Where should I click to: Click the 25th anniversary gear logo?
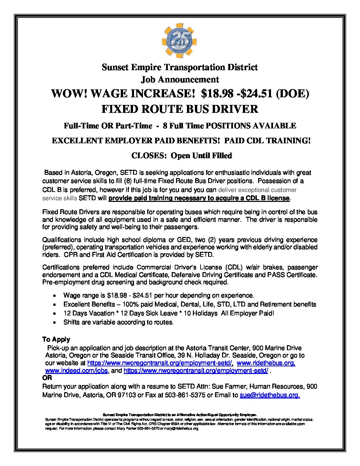point(180,41)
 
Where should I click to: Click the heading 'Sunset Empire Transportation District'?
point(180,67)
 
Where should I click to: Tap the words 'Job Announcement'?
point(180,79)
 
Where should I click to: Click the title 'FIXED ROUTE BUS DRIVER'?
point(180,109)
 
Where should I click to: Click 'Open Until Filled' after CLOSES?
point(201,156)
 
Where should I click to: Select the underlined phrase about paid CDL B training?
point(199,198)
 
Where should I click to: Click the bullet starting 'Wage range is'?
point(159,295)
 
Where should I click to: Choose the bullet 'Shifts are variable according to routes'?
point(118,322)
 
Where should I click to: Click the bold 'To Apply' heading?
point(56,339)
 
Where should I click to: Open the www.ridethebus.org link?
point(266,363)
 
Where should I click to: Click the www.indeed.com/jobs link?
point(76,371)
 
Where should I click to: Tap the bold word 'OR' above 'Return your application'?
point(47,378)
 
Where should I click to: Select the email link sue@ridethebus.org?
point(270,395)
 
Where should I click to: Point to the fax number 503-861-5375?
point(185,395)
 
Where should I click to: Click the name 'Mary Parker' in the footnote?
point(128,429)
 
